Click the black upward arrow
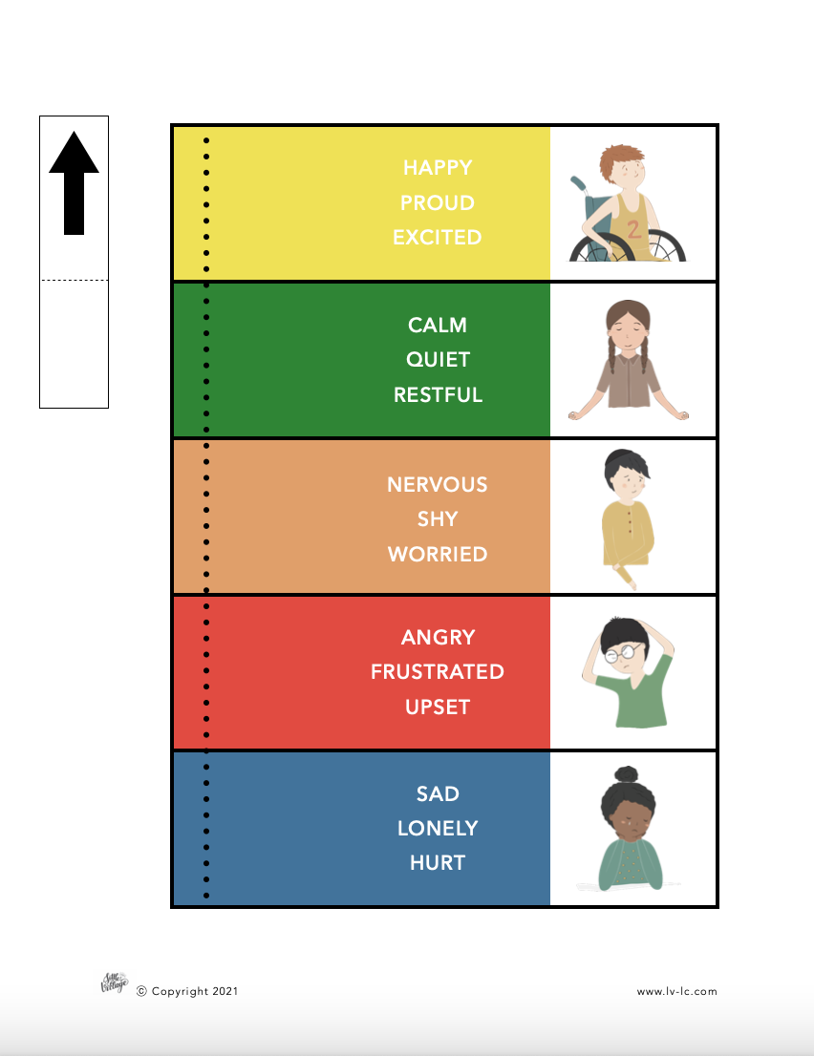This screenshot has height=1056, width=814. click(75, 183)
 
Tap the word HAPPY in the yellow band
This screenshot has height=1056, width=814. click(438, 168)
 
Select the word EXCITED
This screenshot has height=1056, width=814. click(438, 237)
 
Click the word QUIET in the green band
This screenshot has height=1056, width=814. click(438, 360)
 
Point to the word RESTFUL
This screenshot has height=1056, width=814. click(438, 394)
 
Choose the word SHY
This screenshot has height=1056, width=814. click(438, 519)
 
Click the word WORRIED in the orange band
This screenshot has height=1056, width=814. click(438, 555)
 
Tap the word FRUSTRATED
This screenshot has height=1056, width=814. click(438, 671)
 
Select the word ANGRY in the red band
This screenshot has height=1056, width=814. click(438, 637)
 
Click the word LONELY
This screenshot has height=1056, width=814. click(438, 829)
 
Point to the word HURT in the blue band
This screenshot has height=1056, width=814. click(438, 863)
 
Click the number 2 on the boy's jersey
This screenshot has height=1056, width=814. click(633, 230)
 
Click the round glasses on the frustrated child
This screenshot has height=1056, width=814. click(623, 652)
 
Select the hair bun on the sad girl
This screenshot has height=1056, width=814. click(627, 774)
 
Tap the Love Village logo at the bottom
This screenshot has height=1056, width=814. click(114, 983)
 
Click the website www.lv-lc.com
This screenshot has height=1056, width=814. click(676, 991)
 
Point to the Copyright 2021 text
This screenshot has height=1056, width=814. click(187, 991)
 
